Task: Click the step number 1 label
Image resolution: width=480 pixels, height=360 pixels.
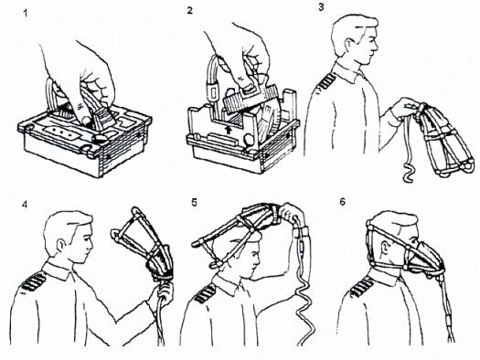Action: point(25,13)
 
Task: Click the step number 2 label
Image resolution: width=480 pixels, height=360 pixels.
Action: point(190,11)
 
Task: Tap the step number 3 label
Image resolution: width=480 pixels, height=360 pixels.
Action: point(321,7)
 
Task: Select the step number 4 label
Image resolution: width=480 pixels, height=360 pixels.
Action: point(25,205)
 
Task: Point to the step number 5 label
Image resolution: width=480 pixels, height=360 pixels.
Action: point(195,203)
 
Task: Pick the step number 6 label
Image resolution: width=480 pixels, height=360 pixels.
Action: point(342,202)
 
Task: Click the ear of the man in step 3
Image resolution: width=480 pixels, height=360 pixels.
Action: point(348,45)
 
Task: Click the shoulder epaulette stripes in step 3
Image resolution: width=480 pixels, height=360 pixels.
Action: point(327,81)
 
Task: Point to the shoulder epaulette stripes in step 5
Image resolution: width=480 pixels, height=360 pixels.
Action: point(204,293)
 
